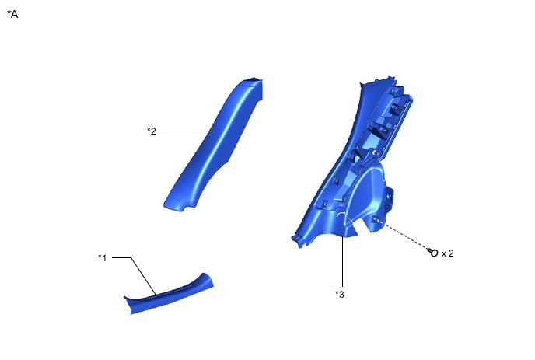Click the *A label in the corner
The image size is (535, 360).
pos(12,14)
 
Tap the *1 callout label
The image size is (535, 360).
pos(103,257)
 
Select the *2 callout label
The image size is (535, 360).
pos(152,131)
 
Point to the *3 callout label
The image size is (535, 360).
pos(340,293)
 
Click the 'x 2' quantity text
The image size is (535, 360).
pos(448,253)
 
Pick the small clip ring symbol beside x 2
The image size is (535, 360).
pos(433,253)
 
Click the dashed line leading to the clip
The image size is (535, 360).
pos(404,236)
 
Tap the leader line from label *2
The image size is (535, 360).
pos(187,131)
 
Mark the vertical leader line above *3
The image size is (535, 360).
pos(342,260)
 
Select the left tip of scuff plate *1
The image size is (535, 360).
pos(127,299)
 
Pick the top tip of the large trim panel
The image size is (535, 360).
pos(362,85)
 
